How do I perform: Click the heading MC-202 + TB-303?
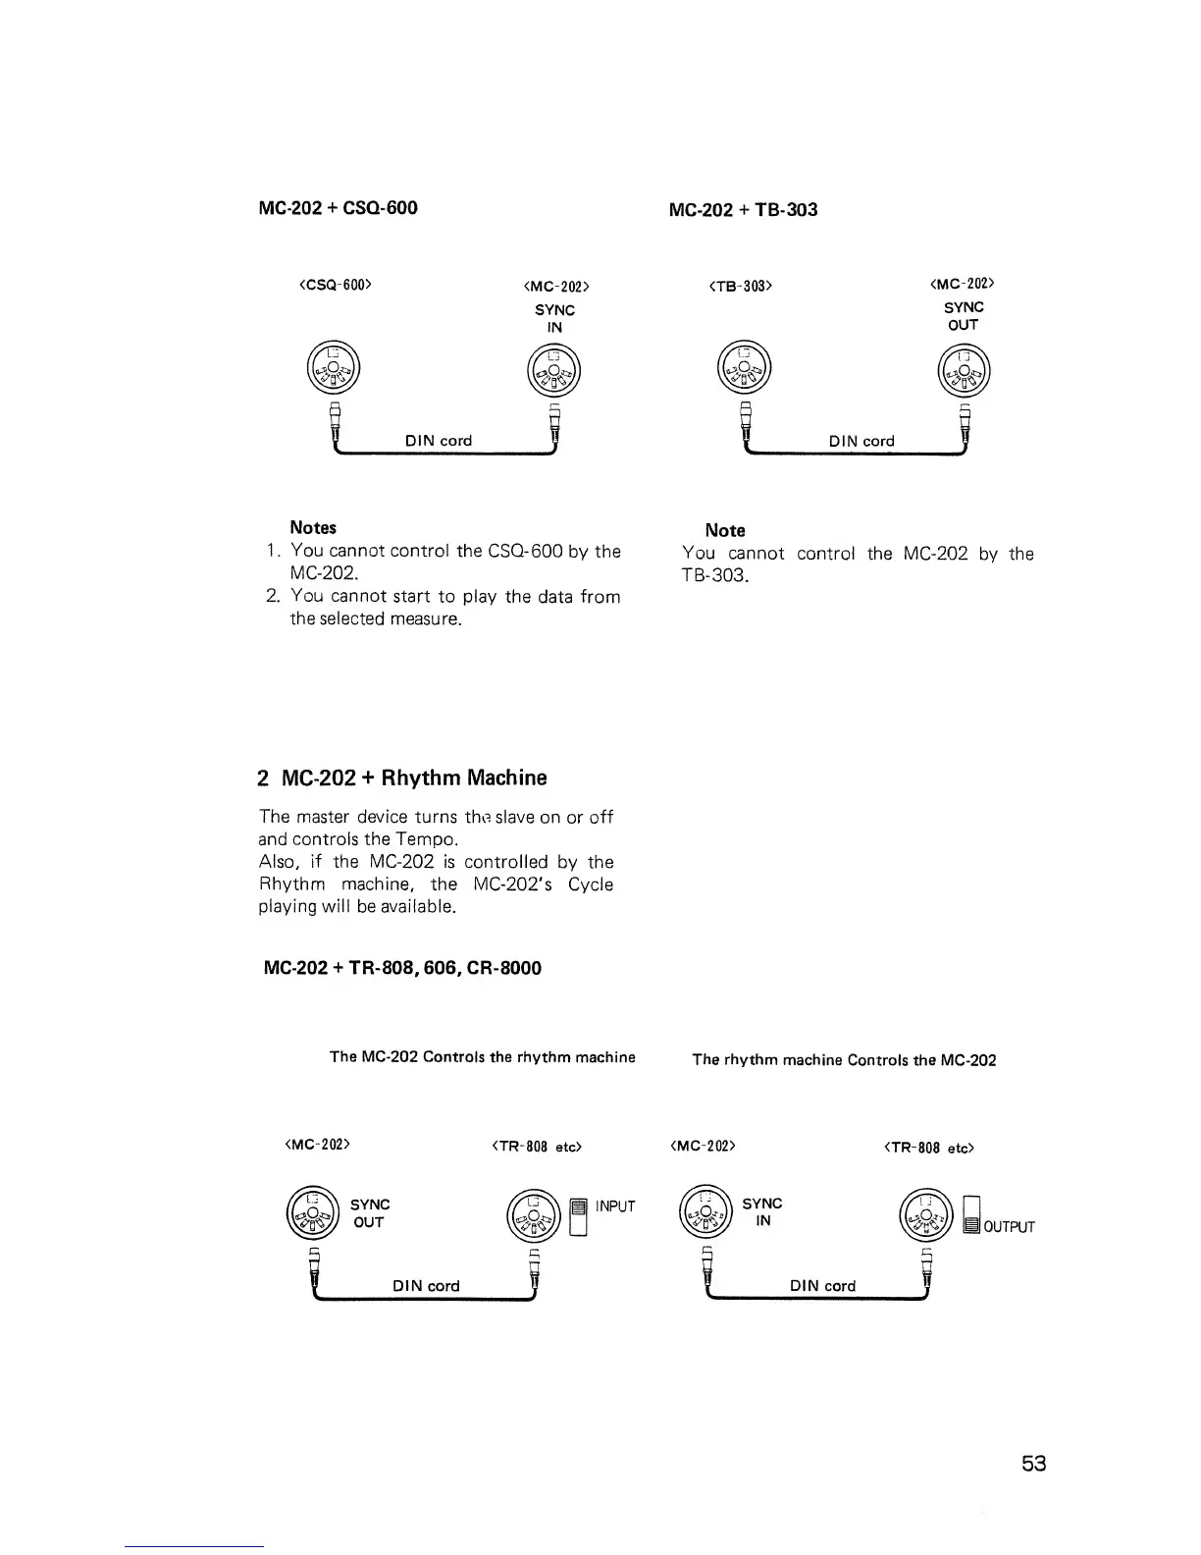[x=742, y=210]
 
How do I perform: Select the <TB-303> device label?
[x=741, y=286]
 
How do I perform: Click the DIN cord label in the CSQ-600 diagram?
[x=439, y=441]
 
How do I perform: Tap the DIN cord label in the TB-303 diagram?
[x=862, y=442]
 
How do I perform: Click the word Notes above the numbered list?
[x=313, y=528]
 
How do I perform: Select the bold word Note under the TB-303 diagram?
[x=725, y=530]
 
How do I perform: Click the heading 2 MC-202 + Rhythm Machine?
[x=402, y=777]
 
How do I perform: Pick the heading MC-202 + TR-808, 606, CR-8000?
[x=403, y=968]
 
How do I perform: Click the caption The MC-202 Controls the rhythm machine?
[x=483, y=1057]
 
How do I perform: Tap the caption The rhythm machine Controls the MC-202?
[x=844, y=1060]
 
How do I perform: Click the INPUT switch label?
[x=615, y=1206]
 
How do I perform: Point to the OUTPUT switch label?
[x=1009, y=1227]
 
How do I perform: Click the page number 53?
[x=1033, y=1464]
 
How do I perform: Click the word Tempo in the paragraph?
[x=424, y=839]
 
